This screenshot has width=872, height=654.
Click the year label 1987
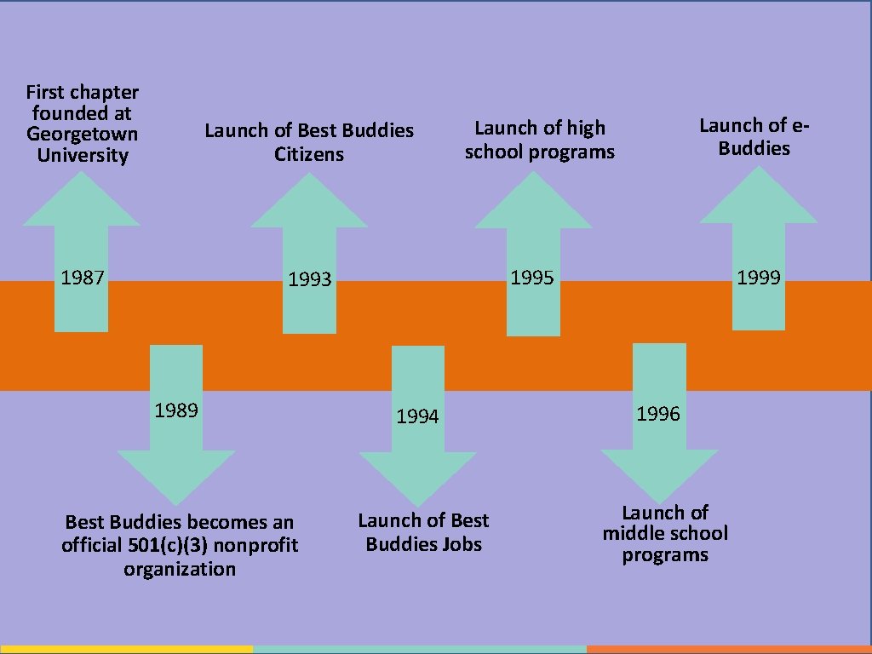pyautogui.click(x=83, y=277)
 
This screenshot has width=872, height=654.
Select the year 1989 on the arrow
pyautogui.click(x=176, y=410)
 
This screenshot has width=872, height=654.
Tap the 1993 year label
pyautogui.click(x=310, y=278)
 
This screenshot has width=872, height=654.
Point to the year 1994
pyautogui.click(x=417, y=416)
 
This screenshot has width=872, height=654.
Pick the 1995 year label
pyautogui.click(x=532, y=277)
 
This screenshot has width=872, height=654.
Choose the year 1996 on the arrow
pyautogui.click(x=658, y=413)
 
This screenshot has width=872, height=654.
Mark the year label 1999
pyautogui.click(x=759, y=277)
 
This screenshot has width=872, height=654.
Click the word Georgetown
pyautogui.click(x=83, y=135)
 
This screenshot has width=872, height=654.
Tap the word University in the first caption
pyautogui.click(x=83, y=155)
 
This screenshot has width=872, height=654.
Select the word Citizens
pyautogui.click(x=308, y=153)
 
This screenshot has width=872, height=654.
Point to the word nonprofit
pyautogui.click(x=255, y=546)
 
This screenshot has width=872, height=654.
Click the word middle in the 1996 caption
pyautogui.click(x=631, y=533)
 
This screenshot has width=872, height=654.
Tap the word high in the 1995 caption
pyautogui.click(x=586, y=129)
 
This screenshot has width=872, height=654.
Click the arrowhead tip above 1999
pyautogui.click(x=759, y=166)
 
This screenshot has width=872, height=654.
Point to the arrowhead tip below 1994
pyautogui.click(x=417, y=506)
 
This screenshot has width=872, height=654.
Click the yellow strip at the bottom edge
pyautogui.click(x=126, y=650)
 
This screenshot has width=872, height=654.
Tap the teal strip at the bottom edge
pyautogui.click(x=420, y=650)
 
